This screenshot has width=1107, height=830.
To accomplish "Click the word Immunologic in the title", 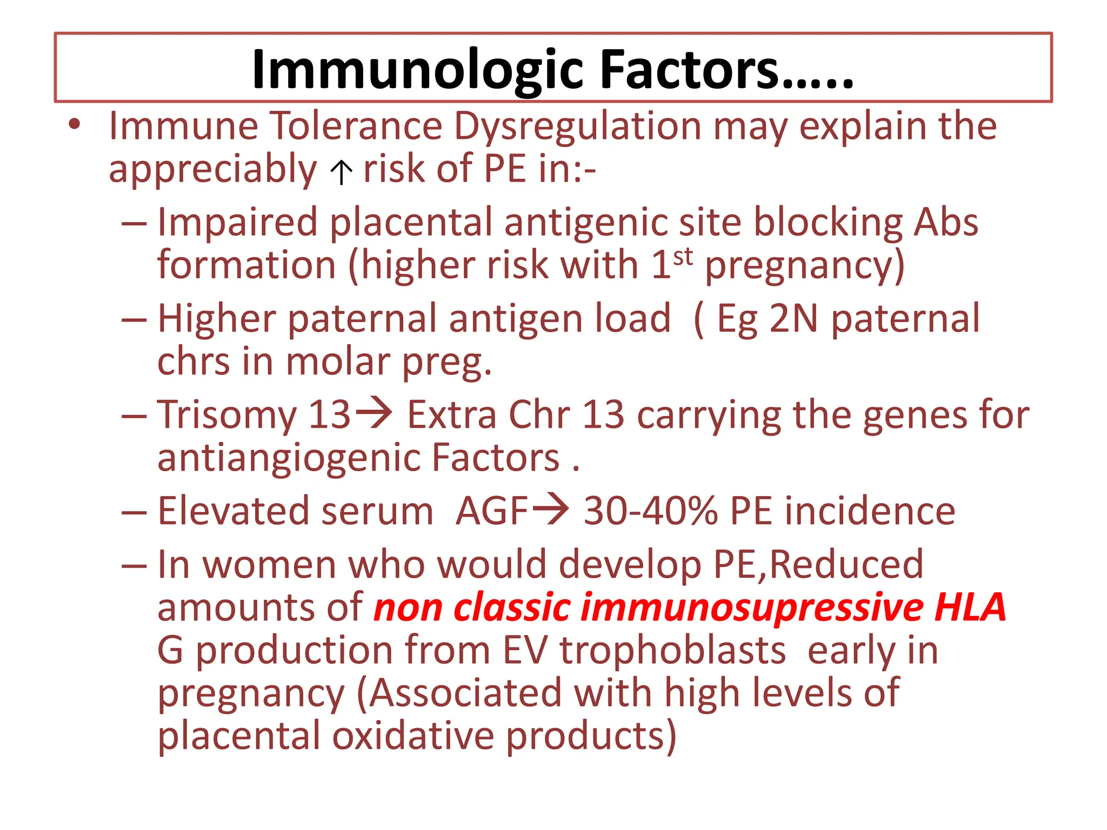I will pyautogui.click(x=416, y=70).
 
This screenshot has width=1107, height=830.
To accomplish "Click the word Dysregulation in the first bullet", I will pyautogui.click(x=577, y=126).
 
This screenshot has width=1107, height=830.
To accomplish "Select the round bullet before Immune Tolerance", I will pyautogui.click(x=75, y=125).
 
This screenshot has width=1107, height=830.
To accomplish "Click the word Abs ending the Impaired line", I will pyautogui.click(x=946, y=223).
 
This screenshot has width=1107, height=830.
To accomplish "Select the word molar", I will pyautogui.click(x=338, y=362).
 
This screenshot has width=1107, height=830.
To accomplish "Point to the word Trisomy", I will pyautogui.click(x=226, y=415).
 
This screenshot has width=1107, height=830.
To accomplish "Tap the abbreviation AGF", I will pyautogui.click(x=491, y=511).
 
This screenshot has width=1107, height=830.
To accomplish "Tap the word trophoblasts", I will pyautogui.click(x=672, y=650).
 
